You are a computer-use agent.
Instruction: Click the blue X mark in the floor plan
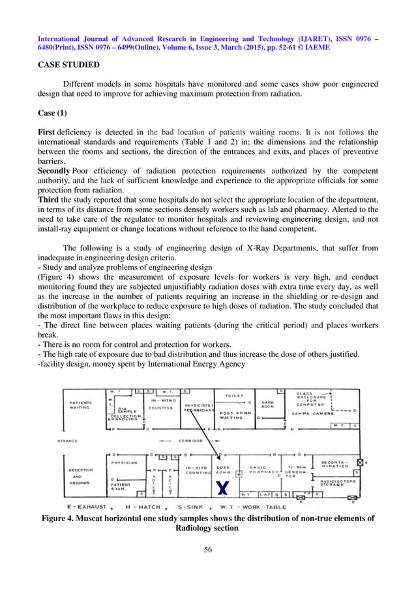222,486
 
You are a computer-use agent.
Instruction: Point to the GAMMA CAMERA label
313,413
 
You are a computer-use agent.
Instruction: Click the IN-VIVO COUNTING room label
197,471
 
